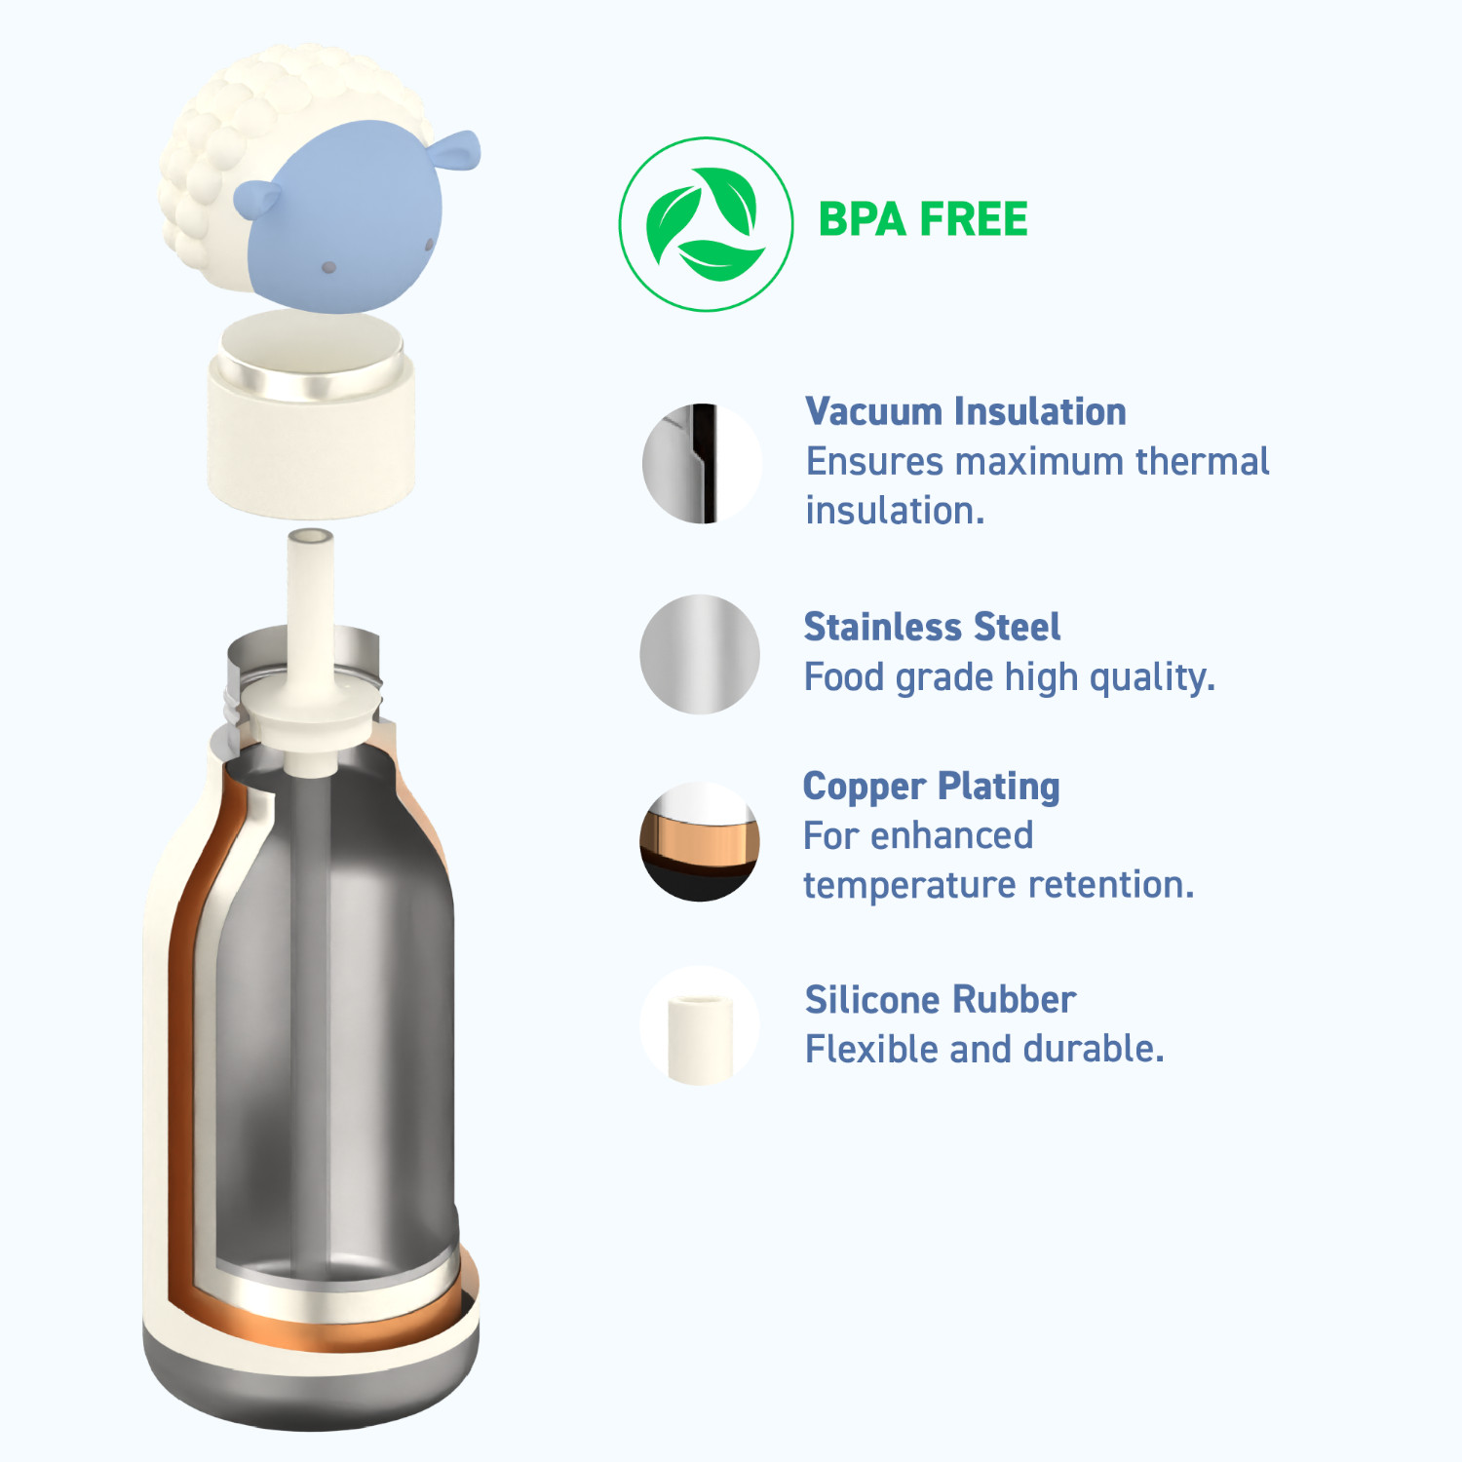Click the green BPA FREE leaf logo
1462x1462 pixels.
[706, 224]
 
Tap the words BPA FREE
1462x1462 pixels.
[923, 219]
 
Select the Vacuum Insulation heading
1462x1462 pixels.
[966, 411]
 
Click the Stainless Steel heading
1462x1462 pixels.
[932, 627]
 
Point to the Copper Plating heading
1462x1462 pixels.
[931, 788]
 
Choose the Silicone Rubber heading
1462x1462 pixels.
[941, 999]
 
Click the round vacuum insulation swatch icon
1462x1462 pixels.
[701, 464]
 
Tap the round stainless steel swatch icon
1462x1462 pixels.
[700, 654]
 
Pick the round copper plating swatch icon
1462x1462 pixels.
[700, 841]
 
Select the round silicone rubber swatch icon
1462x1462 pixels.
[700, 1025]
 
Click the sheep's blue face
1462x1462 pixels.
[346, 219]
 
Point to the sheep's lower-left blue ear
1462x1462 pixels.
[258, 198]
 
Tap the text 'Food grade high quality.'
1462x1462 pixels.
[1010, 676]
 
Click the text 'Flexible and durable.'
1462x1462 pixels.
[984, 1049]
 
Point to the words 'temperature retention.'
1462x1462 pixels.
[998, 885]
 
